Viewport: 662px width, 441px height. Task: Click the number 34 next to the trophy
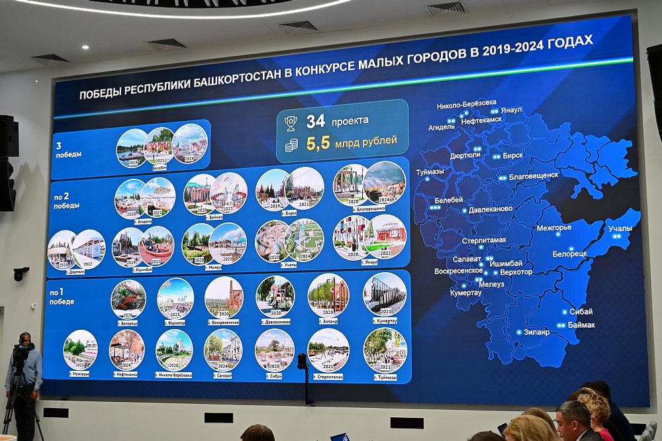315,122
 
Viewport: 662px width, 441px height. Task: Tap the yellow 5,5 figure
318,143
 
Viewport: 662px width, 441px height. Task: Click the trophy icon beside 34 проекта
291,123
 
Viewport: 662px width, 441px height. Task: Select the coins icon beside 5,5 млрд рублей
291,145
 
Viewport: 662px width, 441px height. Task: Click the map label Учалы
620,229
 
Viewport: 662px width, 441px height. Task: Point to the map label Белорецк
569,254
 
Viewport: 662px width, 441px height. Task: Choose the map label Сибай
581,312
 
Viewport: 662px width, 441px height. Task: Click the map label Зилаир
536,332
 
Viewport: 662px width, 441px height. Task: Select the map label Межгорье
553,228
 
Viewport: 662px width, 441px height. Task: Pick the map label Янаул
511,109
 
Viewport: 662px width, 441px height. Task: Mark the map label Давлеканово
491,209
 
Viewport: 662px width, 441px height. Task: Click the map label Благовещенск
533,176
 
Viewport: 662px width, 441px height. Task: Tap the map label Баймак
581,325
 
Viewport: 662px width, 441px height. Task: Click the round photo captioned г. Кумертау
385,294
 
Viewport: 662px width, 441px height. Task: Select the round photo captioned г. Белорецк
128,299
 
